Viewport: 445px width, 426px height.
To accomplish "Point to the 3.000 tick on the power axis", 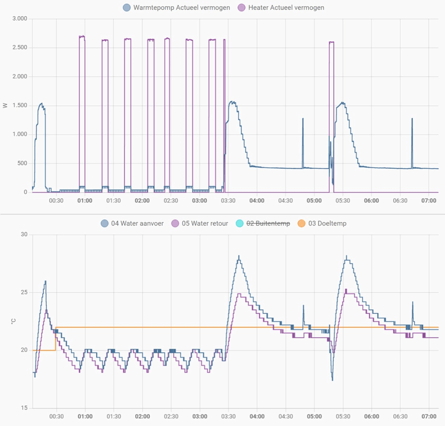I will tap(19, 19).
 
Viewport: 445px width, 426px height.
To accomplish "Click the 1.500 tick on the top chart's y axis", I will tap(19, 106).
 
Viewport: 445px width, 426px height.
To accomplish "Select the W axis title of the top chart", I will tap(6, 106).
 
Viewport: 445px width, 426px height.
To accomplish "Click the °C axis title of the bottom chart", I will tap(6, 321).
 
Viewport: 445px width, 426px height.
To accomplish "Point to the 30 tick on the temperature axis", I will tap(24, 235).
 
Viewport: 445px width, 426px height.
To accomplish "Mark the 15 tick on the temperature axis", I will tap(24, 408).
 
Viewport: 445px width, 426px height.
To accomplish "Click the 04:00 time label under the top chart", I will tap(256, 201).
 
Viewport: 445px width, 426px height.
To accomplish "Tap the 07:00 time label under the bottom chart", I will tap(428, 416).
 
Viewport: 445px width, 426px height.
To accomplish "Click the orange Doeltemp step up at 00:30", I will tap(55, 339).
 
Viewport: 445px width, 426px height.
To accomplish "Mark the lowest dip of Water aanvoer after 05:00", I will tap(332, 380).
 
